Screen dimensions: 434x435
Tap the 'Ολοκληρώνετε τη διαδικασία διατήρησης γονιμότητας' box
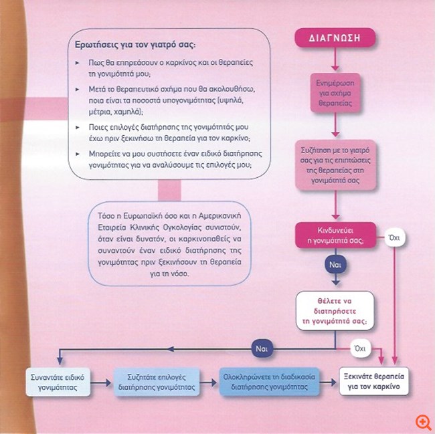[x=266, y=381]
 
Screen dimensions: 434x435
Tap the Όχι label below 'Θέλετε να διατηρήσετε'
[x=361, y=348]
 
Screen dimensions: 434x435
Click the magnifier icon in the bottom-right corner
[x=422, y=422]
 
